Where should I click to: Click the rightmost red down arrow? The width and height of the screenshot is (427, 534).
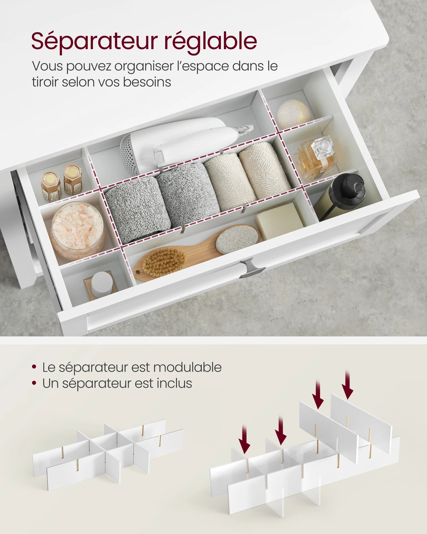347,385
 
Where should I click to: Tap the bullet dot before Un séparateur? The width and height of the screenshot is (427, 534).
34,383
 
